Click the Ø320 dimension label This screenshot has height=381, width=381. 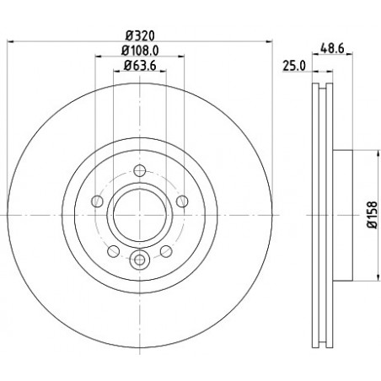pyautogui.click(x=140, y=35)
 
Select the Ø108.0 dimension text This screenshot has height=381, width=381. pyautogui.click(x=140, y=51)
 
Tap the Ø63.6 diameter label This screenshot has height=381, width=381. pyautogui.click(x=140, y=66)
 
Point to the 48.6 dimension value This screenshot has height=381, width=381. pyautogui.click(x=332, y=49)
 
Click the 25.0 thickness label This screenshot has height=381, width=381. pyautogui.click(x=294, y=67)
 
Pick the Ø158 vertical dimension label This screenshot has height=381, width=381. pyautogui.click(x=373, y=215)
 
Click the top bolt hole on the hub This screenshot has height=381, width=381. pyautogui.click(x=140, y=170)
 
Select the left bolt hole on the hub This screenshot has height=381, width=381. pyautogui.click(x=97, y=201)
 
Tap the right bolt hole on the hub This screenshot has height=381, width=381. pyautogui.click(x=182, y=201)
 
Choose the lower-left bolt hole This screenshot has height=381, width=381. pyautogui.click(x=114, y=251)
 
